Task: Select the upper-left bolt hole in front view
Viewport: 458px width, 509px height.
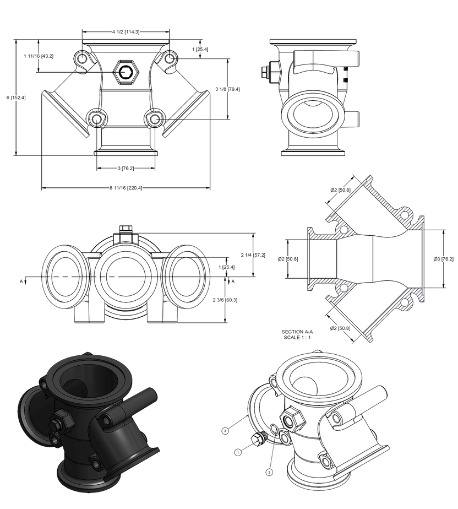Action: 82,59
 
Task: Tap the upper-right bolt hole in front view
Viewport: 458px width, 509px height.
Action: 170,58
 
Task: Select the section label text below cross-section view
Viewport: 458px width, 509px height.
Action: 297,334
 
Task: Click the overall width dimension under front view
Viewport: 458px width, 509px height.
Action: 126,188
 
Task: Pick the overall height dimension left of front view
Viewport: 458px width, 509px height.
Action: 16,98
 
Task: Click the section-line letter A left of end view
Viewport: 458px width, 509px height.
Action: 23,281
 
